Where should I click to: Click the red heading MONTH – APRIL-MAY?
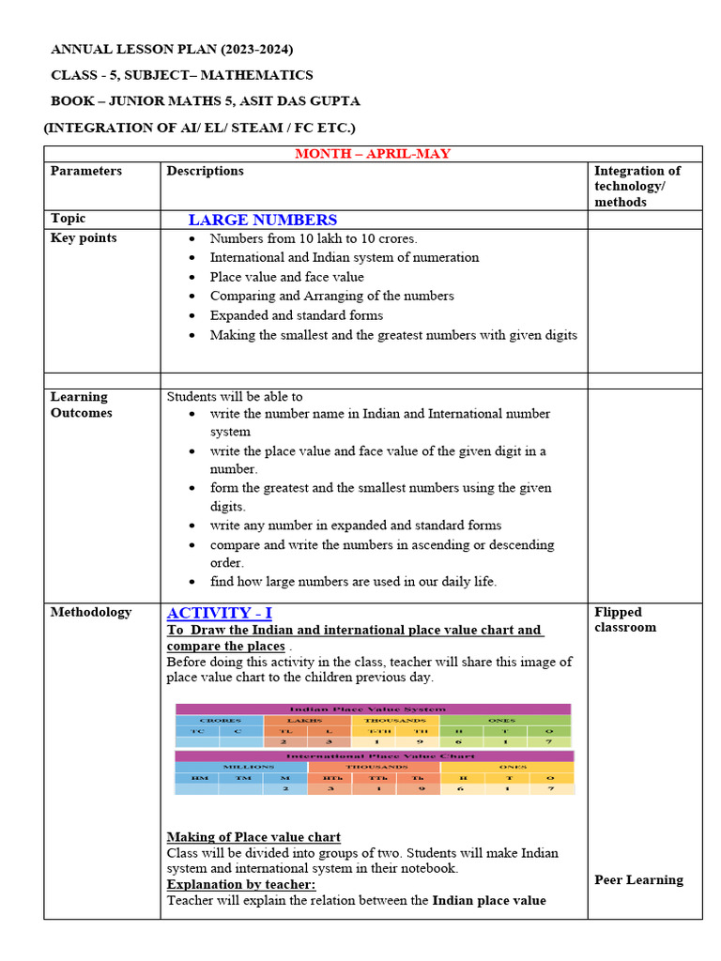(373, 154)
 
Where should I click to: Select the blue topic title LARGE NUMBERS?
(262, 221)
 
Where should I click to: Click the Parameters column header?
(86, 171)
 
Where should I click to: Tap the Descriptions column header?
(205, 171)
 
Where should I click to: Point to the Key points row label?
(84, 238)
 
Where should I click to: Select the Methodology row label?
(91, 612)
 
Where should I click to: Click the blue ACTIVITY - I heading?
(220, 613)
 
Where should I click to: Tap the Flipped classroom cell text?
(625, 619)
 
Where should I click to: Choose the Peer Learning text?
(638, 880)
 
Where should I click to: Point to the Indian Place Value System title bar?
(373, 709)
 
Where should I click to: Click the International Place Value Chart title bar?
(374, 755)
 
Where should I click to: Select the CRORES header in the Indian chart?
(219, 720)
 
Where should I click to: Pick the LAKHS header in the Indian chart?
(307, 720)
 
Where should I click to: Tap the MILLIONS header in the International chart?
(241, 767)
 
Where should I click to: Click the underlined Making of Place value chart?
(253, 837)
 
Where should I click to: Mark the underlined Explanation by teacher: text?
(241, 885)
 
